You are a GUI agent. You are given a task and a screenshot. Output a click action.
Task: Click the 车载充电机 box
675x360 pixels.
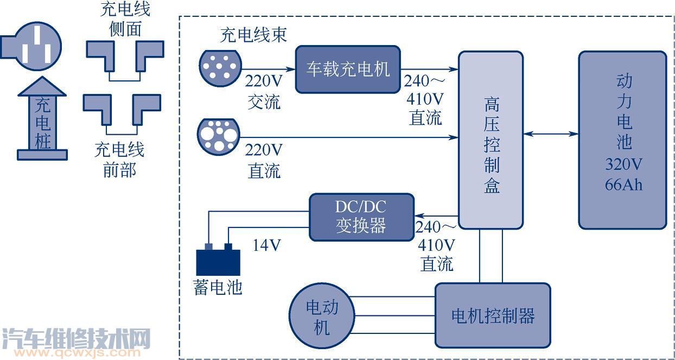(348, 70)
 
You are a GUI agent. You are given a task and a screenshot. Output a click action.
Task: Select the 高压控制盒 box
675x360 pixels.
(491, 140)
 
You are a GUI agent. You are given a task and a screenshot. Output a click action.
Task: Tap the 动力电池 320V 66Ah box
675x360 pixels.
(622, 140)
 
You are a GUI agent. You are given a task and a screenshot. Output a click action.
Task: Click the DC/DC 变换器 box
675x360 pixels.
(361, 217)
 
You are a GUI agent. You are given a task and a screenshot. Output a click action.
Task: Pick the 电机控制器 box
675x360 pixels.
(493, 315)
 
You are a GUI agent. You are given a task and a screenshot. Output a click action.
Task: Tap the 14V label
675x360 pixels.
(267, 245)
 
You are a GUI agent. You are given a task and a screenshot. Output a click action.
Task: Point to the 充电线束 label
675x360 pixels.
(253, 35)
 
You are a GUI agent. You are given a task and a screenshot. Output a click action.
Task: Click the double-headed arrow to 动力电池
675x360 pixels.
(551, 134)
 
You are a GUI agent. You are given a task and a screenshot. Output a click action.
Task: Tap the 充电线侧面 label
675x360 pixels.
(125, 19)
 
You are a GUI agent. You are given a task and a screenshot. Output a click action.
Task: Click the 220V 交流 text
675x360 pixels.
(264, 91)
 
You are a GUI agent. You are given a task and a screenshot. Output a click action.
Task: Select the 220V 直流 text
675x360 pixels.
(264, 160)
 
